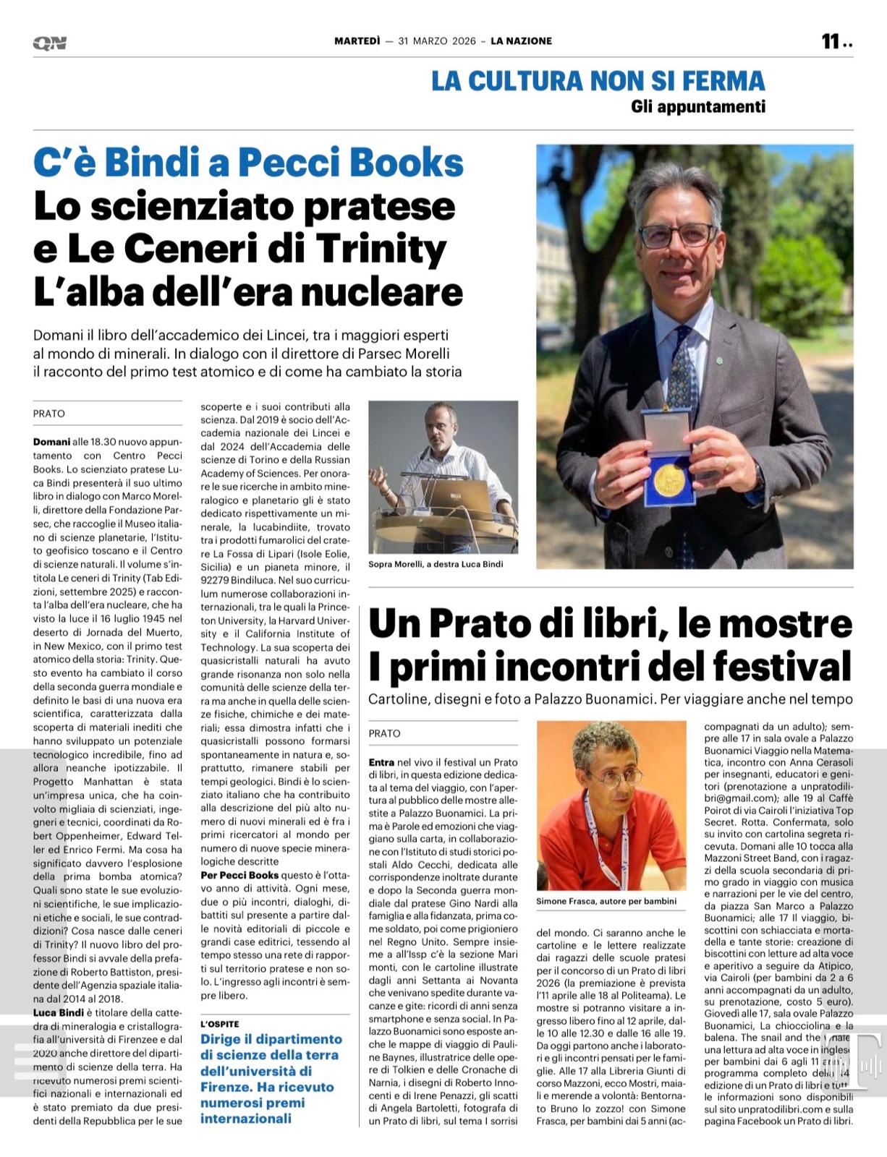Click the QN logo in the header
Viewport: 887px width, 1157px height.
coord(49,43)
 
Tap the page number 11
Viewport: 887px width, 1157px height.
coord(830,41)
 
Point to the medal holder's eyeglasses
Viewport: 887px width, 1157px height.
coord(676,235)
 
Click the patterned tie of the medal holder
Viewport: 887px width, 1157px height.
coord(681,368)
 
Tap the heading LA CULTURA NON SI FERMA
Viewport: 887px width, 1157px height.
coord(598,80)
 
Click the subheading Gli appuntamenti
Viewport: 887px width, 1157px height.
coord(697,107)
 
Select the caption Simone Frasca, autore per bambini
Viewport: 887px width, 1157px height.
coord(606,901)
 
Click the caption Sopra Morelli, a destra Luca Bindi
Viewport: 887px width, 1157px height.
coord(436,564)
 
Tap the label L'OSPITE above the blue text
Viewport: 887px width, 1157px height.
coord(220,1024)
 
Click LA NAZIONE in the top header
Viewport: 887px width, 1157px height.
coord(521,41)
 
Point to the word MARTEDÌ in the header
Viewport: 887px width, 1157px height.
coord(357,41)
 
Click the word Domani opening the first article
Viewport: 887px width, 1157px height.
coord(51,442)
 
